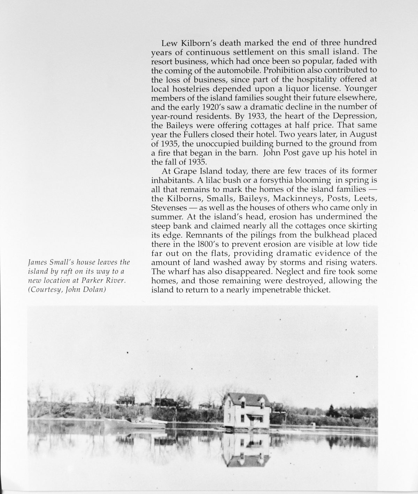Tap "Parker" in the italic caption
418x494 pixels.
[97, 280]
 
